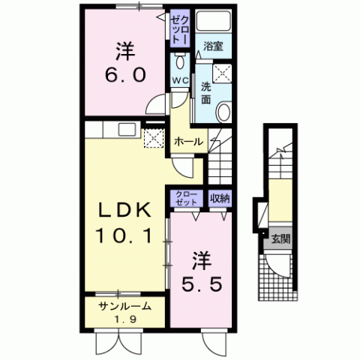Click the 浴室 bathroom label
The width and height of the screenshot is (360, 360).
click(213, 46)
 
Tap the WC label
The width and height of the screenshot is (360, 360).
click(180, 80)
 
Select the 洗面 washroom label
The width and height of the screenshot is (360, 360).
click(206, 93)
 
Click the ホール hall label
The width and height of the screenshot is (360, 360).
click(188, 142)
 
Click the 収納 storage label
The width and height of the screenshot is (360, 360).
click(220, 199)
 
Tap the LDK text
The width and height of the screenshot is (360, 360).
click(124, 210)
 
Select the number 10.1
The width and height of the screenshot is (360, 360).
click(124, 236)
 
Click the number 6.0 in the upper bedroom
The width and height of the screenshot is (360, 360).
click(125, 75)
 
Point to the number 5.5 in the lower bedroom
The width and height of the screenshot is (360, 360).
click(202, 285)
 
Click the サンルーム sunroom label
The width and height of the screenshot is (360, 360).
click(125, 306)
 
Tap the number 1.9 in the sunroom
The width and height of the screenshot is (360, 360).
click(125, 319)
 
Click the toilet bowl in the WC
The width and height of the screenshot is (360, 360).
click(180, 61)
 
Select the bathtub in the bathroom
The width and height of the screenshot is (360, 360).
click(213, 20)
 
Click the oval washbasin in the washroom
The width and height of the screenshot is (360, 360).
click(223, 112)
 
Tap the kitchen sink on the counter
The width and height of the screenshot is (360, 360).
click(127, 130)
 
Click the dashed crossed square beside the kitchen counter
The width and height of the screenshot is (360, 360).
click(154, 138)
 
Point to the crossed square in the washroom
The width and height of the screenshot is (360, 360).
click(222, 73)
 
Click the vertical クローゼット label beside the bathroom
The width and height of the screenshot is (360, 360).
click(180, 28)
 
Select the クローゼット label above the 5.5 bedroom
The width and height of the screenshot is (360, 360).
click(186, 198)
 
